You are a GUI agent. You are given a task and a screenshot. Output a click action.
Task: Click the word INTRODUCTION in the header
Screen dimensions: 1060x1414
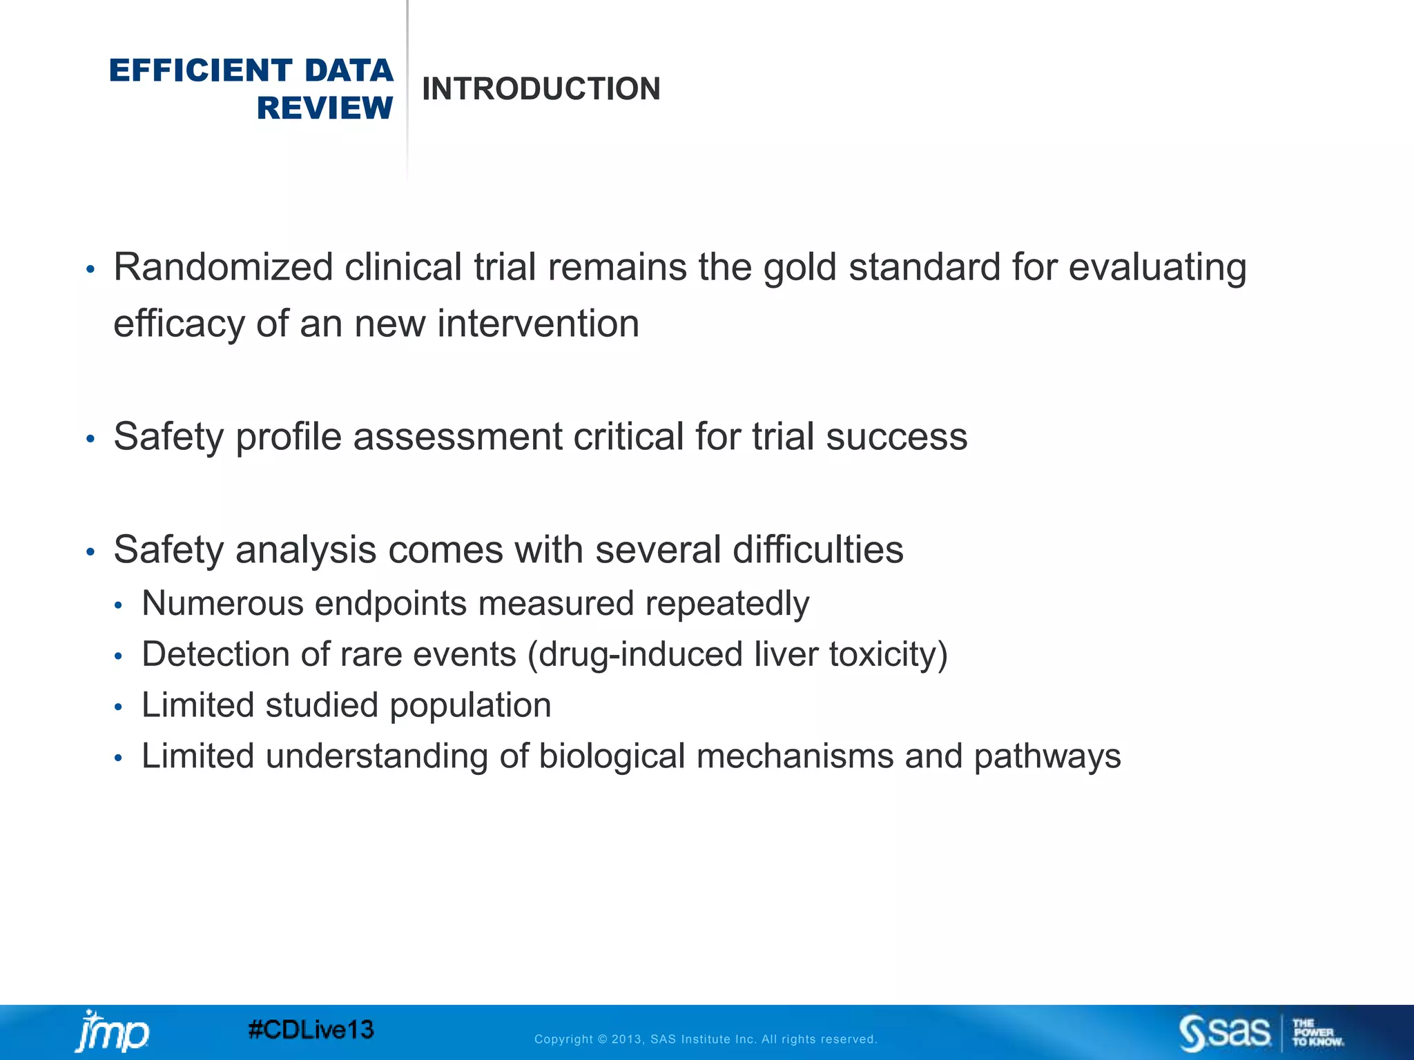click(x=541, y=89)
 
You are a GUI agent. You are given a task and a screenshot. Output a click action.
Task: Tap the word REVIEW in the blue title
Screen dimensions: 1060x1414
click(x=325, y=108)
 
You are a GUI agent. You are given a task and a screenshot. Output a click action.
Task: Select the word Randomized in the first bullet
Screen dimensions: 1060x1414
click(x=223, y=267)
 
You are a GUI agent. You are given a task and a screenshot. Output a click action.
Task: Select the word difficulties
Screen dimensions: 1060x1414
click(x=817, y=550)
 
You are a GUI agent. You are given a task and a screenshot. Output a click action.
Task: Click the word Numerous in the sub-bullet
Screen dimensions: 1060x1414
click(x=222, y=603)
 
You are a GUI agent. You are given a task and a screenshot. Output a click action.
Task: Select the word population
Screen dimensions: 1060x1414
click(x=470, y=705)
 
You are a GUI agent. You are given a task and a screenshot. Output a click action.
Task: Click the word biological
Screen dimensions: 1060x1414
click(x=612, y=756)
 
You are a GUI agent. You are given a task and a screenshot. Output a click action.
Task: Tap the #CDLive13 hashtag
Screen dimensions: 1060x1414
click(x=311, y=1030)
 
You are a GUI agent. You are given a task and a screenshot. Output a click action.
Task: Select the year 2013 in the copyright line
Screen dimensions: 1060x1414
click(x=627, y=1039)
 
